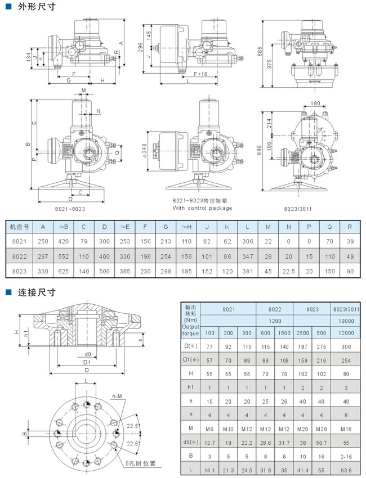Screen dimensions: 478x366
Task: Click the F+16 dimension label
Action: point(201,74)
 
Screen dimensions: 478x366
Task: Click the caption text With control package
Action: point(202,208)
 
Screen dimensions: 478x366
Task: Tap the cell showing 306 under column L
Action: point(247,240)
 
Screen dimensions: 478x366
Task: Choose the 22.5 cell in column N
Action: point(289,270)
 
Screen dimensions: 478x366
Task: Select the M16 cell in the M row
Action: point(347,429)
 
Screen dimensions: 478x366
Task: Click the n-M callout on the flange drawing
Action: point(117,397)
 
